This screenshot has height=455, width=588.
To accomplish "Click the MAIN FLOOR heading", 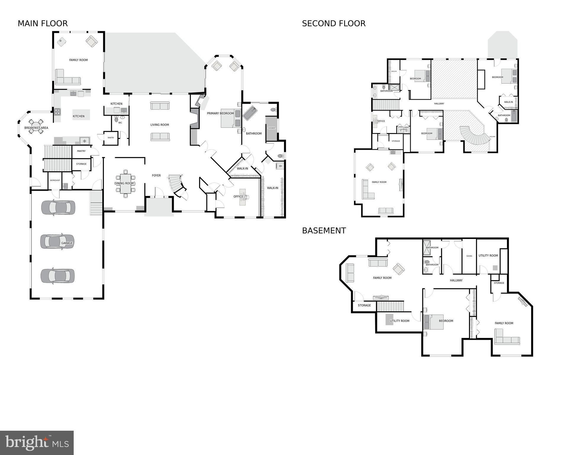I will pos(43,23).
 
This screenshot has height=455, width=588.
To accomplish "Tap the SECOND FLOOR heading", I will pos(334,23).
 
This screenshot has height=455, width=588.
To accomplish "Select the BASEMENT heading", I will pos(324,231).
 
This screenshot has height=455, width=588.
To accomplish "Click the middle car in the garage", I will pos(57,241).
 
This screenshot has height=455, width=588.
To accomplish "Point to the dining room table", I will pos(126,183).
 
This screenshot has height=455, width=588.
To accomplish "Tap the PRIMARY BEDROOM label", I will pos(220,113).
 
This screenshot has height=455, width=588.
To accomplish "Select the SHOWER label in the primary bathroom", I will pos(271,128).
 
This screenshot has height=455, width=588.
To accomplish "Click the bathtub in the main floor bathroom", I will pos(250,113).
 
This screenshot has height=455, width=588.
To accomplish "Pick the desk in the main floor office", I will pos(243,197).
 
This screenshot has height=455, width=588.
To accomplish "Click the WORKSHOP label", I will pos(55,180).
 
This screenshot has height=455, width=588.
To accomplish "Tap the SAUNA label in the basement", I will pos(469,256).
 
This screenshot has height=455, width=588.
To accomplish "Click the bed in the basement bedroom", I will pos(434,322).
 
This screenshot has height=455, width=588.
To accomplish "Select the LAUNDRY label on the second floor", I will pos(403,129).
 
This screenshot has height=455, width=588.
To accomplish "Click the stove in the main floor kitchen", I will pos(57,112).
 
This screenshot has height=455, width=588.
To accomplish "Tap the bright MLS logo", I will pos(37,443).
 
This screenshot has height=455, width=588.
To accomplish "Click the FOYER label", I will pos(156,175).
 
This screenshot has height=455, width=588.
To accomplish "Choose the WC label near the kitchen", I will pos(120,122).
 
